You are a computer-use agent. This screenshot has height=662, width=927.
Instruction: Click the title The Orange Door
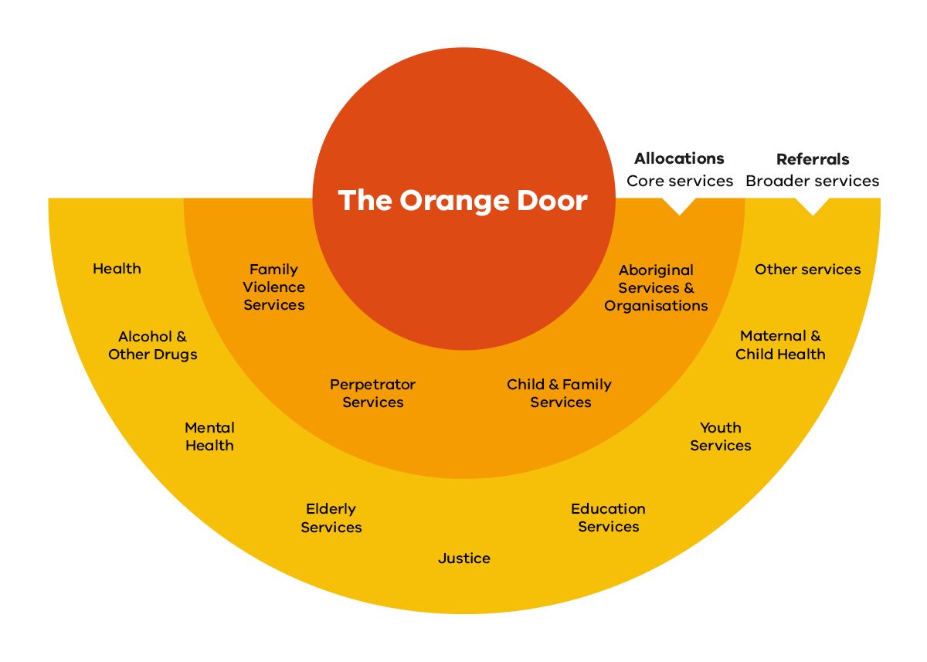(x=463, y=201)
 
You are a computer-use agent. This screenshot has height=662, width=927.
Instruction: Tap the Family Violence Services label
(x=274, y=287)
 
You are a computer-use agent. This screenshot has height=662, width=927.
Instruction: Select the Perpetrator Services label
(x=373, y=393)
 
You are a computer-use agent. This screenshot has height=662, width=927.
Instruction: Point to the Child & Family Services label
(x=559, y=393)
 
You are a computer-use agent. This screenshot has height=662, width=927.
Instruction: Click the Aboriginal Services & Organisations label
(x=656, y=288)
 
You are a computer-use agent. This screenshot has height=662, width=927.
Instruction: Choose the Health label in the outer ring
(x=117, y=269)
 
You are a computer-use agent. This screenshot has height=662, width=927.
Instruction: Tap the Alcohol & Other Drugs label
(x=153, y=345)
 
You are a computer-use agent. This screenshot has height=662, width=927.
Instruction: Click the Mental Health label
(x=209, y=436)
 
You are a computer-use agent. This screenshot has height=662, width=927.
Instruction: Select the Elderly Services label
(x=331, y=518)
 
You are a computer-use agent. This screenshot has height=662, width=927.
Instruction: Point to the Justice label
(x=464, y=558)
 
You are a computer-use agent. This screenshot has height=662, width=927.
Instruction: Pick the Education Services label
(x=608, y=518)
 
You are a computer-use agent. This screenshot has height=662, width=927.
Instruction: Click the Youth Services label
(x=721, y=436)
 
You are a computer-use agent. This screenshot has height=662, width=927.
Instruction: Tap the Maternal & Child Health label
(x=780, y=345)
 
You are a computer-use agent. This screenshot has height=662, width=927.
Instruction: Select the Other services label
(x=807, y=270)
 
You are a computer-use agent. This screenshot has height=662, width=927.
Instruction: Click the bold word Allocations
(x=679, y=158)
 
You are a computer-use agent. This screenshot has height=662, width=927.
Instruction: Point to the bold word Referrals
(x=813, y=159)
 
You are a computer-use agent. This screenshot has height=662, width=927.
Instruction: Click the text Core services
(x=680, y=181)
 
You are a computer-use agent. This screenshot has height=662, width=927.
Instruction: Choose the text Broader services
(x=813, y=181)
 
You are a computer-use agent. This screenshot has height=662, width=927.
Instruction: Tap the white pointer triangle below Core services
(x=680, y=205)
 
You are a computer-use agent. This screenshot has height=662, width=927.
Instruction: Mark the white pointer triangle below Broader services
(x=813, y=205)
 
